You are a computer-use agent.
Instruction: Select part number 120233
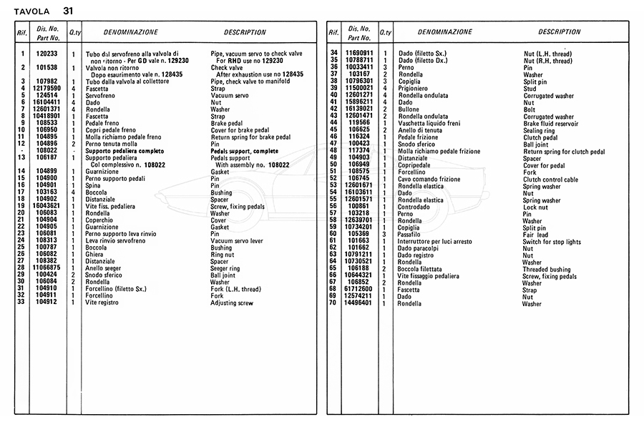(x=47, y=54)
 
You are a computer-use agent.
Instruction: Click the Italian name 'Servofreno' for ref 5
(x=100, y=95)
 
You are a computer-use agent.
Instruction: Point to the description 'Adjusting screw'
(x=232, y=303)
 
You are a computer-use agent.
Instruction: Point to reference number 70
(x=333, y=303)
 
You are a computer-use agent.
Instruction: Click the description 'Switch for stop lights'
(x=552, y=241)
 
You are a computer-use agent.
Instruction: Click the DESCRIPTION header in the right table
(x=560, y=32)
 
